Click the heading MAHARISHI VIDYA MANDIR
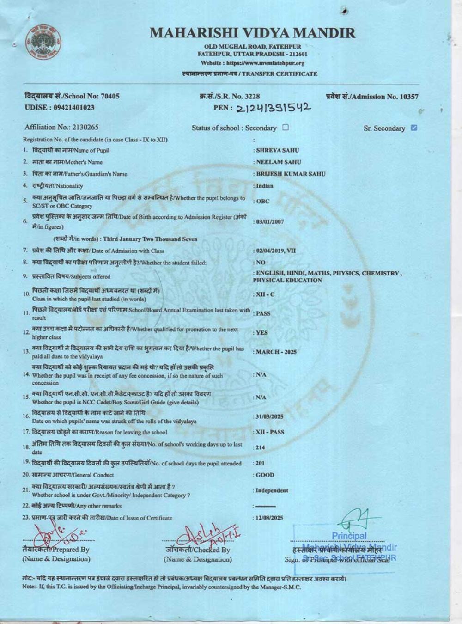click(x=253, y=33)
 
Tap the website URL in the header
click(x=253, y=63)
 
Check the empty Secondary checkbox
click(x=286, y=128)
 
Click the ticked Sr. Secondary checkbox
click(x=414, y=128)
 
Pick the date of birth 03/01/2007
click(x=270, y=222)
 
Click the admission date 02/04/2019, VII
click(x=276, y=251)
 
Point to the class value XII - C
click(x=265, y=294)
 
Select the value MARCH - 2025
click(x=276, y=352)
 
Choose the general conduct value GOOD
click(x=265, y=475)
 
